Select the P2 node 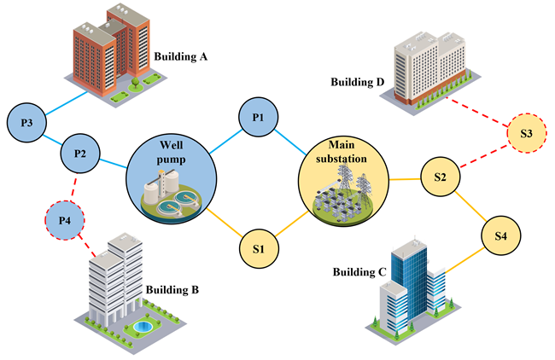tap(80, 154)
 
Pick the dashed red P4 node tap(65, 222)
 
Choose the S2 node tap(441, 177)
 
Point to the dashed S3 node tap(526, 134)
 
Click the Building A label tap(181, 58)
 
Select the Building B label tap(172, 290)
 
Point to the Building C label tap(359, 272)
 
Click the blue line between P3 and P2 tap(53, 138)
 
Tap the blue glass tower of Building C tap(408, 273)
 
